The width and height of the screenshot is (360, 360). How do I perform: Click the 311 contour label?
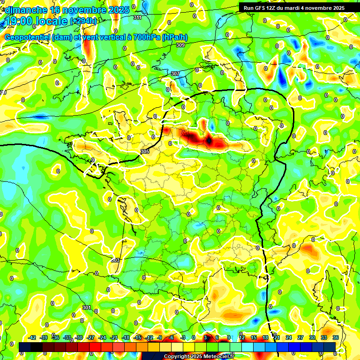click(x=137, y=17)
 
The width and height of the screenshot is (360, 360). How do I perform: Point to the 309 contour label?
click(x=180, y=45)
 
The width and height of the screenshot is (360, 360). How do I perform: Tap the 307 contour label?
click(x=175, y=74)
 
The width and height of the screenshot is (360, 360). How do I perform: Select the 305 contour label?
click(x=144, y=151)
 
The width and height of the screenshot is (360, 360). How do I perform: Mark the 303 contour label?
click(x=115, y=260)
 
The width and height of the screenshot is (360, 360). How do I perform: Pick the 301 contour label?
click(x=86, y=307)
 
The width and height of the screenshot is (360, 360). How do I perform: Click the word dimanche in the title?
click(x=26, y=10)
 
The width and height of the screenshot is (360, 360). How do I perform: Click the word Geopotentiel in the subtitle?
click(x=28, y=37)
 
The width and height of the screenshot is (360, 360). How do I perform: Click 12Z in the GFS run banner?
click(x=273, y=8)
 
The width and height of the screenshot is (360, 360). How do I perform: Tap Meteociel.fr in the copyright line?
click(x=219, y=356)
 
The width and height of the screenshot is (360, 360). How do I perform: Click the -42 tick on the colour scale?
click(x=32, y=337)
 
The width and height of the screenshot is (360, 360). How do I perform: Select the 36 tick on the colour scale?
click(x=336, y=337)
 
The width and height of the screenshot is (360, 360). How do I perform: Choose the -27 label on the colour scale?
click(x=91, y=337)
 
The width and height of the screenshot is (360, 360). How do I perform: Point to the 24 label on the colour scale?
click(x=289, y=337)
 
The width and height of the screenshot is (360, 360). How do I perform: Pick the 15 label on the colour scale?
click(x=254, y=337)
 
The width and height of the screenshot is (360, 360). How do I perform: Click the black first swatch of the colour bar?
click(x=25, y=346)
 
